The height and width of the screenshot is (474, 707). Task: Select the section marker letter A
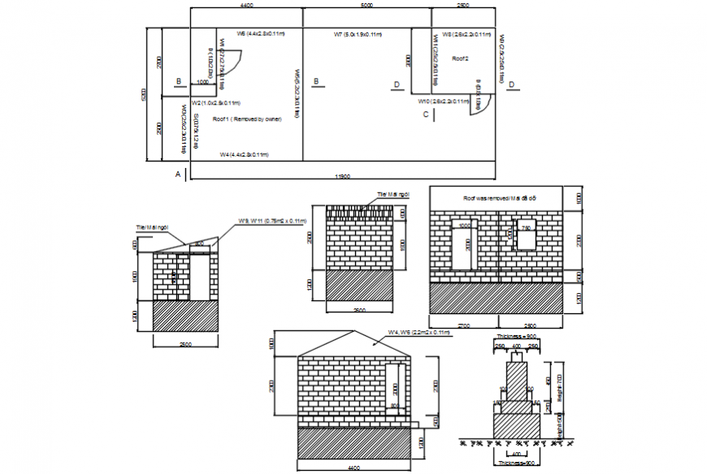tap(178, 174)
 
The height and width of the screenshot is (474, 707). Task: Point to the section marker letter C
tap(425, 115)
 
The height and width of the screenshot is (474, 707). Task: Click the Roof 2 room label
tap(461, 59)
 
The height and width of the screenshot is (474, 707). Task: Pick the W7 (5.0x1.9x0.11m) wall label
tap(360, 35)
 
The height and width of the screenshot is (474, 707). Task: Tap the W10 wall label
tap(443, 101)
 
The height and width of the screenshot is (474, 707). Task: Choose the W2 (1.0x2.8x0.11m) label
tap(215, 103)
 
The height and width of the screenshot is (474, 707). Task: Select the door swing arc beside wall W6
tap(231, 61)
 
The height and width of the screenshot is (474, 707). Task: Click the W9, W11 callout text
tap(271, 221)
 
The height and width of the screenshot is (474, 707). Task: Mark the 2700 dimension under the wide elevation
tap(463, 325)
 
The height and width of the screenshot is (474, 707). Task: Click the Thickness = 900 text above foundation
tap(516, 335)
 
